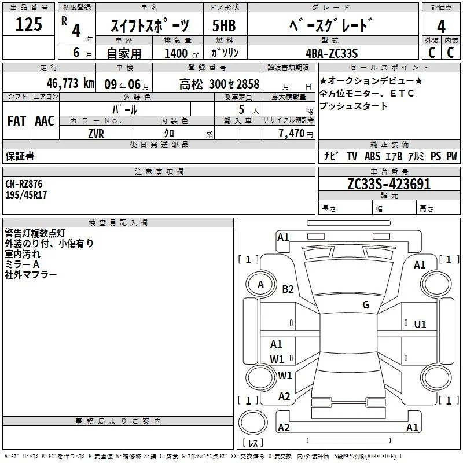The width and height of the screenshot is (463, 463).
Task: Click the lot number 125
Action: (x=28, y=24)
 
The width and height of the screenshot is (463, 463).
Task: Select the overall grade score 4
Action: (x=441, y=26)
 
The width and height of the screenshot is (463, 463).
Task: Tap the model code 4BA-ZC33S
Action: (x=332, y=53)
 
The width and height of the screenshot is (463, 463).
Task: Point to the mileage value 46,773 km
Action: (x=71, y=83)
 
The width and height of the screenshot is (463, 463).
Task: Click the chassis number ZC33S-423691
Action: (x=389, y=184)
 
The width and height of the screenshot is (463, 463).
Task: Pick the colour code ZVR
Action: (x=96, y=134)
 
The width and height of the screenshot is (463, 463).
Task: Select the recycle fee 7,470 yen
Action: (x=296, y=134)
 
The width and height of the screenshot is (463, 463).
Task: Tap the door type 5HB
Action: (x=224, y=25)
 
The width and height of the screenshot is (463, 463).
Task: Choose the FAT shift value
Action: (x=17, y=121)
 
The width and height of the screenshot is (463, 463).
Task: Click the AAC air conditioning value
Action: (x=45, y=121)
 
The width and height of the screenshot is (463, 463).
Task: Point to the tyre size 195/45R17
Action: (x=26, y=195)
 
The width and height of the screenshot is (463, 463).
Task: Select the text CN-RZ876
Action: (x=24, y=184)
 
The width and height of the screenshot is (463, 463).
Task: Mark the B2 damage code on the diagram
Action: (x=288, y=289)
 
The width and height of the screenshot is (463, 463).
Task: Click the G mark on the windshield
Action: (x=366, y=304)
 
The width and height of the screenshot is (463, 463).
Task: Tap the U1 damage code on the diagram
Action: (x=420, y=325)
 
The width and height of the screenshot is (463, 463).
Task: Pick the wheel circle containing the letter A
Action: (x=261, y=285)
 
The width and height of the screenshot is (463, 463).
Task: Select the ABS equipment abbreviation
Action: (x=372, y=156)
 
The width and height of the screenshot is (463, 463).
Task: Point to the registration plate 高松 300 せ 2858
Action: (x=219, y=84)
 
